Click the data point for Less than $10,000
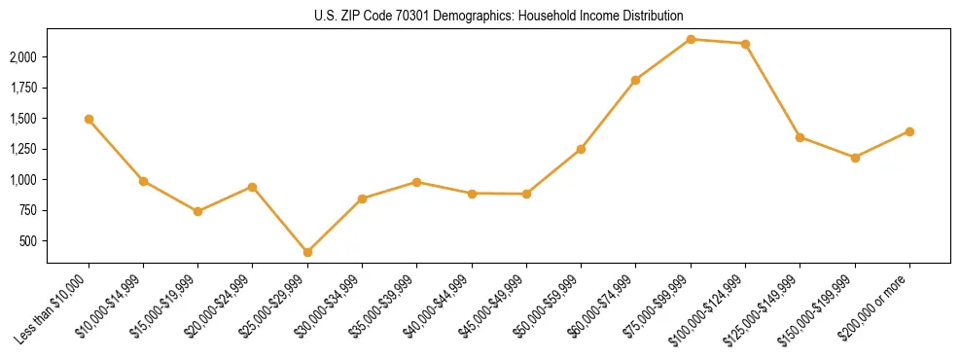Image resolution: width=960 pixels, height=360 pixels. point(89,120)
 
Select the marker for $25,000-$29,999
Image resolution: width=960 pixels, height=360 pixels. point(307,252)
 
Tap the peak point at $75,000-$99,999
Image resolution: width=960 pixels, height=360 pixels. point(691,39)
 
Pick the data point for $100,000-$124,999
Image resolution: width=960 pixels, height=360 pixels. point(745,44)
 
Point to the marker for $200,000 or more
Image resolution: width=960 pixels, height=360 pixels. point(909,131)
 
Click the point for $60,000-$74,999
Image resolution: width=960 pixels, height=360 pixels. point(635,80)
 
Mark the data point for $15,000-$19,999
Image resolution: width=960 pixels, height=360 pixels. point(197,211)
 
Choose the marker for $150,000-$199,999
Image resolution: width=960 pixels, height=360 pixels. point(855,158)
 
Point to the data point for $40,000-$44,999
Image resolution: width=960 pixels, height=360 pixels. point(472,194)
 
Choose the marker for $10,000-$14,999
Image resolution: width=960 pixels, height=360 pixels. point(143,181)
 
